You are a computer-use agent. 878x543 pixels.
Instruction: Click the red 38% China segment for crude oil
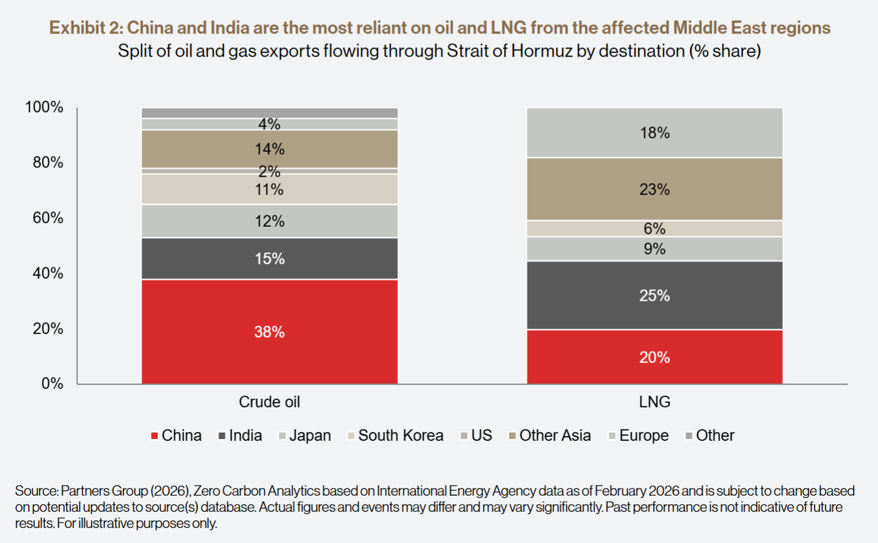point(269,332)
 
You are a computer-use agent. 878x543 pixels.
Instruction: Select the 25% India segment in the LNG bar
point(654,295)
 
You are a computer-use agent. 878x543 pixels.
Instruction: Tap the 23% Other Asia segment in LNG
point(654,189)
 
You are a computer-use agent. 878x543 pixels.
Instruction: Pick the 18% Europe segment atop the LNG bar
point(654,133)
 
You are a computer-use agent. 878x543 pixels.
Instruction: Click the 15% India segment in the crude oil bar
point(269,259)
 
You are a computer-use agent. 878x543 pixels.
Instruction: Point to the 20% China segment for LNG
point(654,357)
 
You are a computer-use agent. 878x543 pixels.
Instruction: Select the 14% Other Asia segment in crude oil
point(269,149)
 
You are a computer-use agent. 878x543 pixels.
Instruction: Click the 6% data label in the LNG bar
point(654,229)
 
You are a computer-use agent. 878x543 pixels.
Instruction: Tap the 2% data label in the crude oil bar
point(269,171)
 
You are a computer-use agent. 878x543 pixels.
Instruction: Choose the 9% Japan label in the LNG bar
point(654,249)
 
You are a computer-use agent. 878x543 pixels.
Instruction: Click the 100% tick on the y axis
point(44,107)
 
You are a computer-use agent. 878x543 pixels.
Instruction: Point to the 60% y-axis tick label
point(48,218)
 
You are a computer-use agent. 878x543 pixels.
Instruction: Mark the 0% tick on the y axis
point(52,383)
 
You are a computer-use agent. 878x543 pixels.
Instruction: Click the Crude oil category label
point(269,402)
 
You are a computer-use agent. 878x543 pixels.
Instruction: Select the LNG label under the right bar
point(654,402)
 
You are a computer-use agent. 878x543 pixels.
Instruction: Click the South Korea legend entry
point(400,436)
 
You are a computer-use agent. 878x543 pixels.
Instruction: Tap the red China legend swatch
point(155,436)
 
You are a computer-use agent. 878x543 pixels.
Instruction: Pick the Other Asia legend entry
point(554,436)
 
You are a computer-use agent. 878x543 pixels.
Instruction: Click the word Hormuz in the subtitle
point(540,51)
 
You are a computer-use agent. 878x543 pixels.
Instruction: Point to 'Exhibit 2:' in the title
point(85,28)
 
